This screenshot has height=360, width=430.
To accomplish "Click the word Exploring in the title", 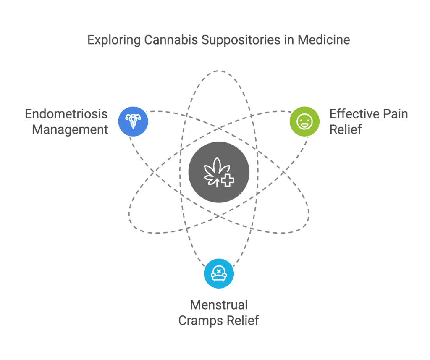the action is [114, 40].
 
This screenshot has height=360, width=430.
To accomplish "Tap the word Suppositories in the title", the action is [241, 40].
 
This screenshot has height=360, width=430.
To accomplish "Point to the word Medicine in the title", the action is [324, 40].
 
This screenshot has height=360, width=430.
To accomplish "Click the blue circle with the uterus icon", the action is [133, 121].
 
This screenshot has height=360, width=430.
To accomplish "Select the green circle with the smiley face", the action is [304, 121].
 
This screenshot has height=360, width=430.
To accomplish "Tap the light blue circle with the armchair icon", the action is [219, 273].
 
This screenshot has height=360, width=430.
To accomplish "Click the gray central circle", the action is [219, 172].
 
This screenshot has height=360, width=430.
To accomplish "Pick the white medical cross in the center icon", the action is [227, 180].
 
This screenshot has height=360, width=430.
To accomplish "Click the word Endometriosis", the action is [66, 114].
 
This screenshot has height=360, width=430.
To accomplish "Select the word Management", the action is [70, 130].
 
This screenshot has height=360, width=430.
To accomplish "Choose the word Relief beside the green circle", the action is [346, 129].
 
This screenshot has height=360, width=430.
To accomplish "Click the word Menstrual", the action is [219, 305].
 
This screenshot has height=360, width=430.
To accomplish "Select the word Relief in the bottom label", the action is [243, 320].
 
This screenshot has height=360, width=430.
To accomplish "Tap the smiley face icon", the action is [304, 121].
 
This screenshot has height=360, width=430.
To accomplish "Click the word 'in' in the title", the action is [289, 40].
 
